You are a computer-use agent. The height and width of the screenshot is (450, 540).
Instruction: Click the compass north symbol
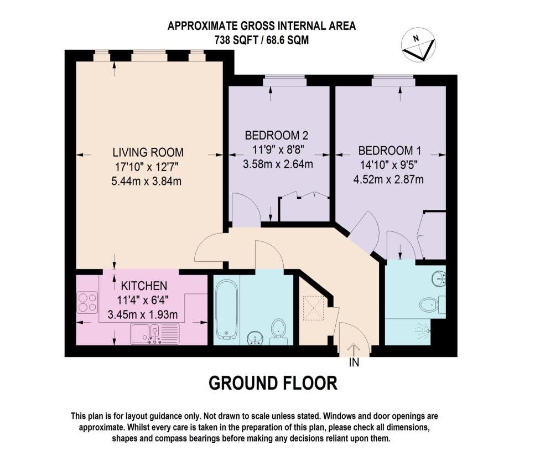point(418,45)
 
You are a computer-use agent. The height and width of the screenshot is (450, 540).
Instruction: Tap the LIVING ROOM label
point(148,152)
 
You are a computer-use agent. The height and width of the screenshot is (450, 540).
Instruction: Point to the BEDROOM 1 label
point(390,151)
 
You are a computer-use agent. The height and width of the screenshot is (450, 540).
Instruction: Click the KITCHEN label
point(144,286)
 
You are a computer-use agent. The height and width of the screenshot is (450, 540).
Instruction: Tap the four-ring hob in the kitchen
point(87,303)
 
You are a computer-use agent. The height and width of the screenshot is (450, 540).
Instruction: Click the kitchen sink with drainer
point(155,334)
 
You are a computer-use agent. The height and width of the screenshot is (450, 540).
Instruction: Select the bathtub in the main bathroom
point(226,309)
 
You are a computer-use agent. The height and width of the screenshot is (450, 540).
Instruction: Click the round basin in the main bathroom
point(255,337)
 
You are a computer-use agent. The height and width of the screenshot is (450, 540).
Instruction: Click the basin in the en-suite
point(439,278)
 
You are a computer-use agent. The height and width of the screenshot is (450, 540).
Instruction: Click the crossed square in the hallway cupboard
point(314,308)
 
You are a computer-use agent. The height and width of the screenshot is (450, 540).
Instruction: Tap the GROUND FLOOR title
point(273,383)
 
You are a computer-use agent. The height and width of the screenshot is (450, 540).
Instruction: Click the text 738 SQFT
point(236,40)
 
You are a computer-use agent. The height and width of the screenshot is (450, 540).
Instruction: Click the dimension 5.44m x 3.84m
point(147,181)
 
